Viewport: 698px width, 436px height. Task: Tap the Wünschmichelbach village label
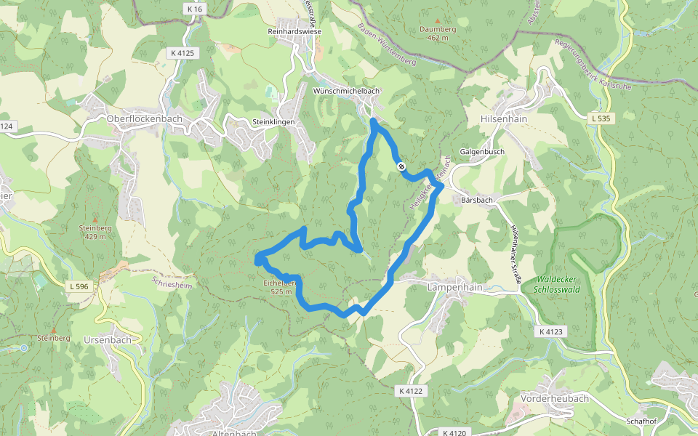pos(346,91)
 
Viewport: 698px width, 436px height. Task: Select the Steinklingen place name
pos(273,122)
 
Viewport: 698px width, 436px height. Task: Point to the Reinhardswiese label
pos(294,32)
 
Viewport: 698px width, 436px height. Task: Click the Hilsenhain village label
pos(504,118)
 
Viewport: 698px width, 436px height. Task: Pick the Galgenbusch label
pos(482,152)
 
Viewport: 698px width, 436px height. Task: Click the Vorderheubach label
pos(553,399)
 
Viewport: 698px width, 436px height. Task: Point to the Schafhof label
pos(642,421)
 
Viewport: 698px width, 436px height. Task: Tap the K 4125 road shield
pos(182,53)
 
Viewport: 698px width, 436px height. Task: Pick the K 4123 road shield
pos(553,331)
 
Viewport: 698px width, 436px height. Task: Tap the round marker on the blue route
pos(401,166)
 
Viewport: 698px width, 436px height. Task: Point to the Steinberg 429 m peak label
pos(95,232)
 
